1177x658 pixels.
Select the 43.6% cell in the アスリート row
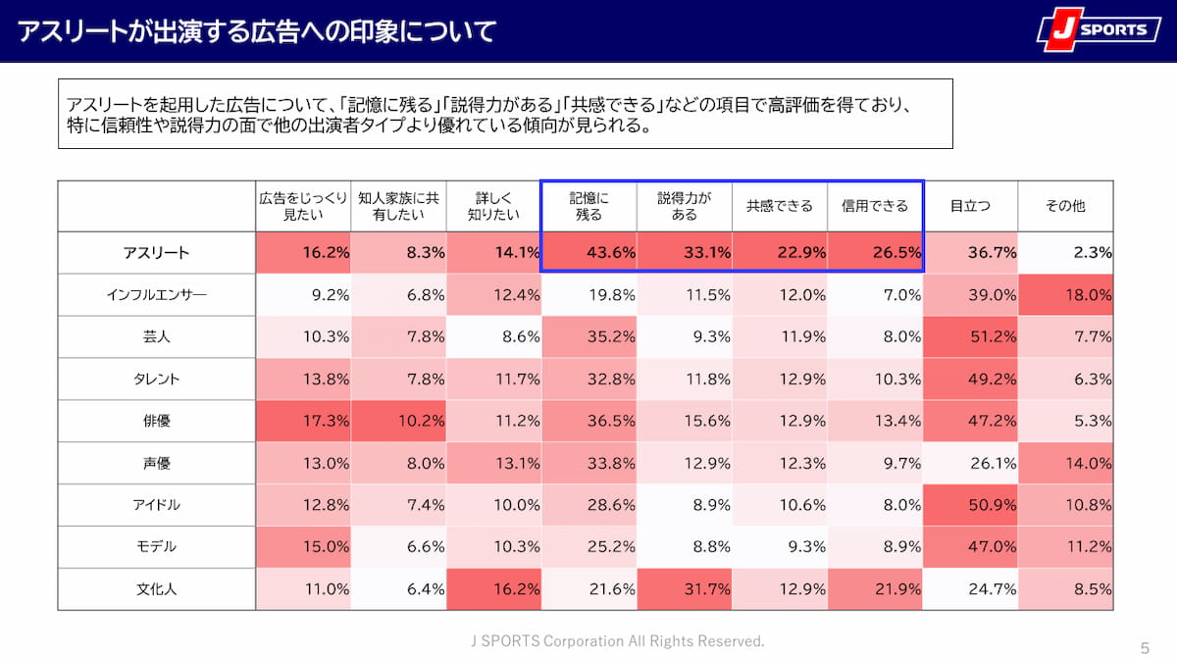tap(588, 252)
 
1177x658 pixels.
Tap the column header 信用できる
tap(875, 206)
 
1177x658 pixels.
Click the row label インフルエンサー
tap(156, 294)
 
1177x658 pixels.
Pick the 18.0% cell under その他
tap(1065, 294)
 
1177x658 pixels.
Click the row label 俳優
tap(156, 421)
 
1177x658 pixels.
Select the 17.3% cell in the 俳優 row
tap(303, 421)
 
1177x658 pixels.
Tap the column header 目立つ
tap(970, 206)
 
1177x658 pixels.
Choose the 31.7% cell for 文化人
tap(684, 589)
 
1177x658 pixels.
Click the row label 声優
tap(156, 463)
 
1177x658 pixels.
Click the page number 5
tap(1145, 646)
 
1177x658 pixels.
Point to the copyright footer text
tap(617, 640)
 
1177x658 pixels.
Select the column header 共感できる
tap(780, 206)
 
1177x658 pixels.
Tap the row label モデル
tap(156, 547)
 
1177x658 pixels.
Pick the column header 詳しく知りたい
tap(493, 206)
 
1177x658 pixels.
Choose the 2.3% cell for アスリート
tap(1065, 252)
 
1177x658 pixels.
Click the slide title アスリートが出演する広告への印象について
tap(257, 30)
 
